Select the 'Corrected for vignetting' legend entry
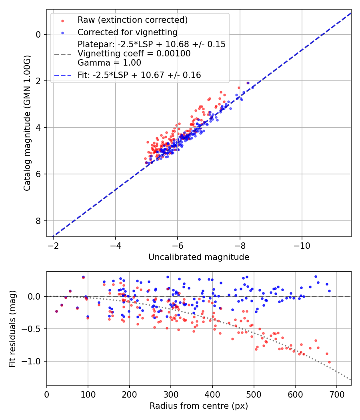(128, 32)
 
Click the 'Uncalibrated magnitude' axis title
(199, 257)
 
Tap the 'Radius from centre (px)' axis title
(199, 406)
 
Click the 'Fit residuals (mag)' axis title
(12, 328)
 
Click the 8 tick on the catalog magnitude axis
(38, 221)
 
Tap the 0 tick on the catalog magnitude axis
(38, 34)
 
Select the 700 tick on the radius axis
(336, 394)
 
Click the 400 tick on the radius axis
(212, 394)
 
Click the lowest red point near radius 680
(329, 362)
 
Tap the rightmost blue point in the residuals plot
(329, 291)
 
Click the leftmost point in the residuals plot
(56, 311)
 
